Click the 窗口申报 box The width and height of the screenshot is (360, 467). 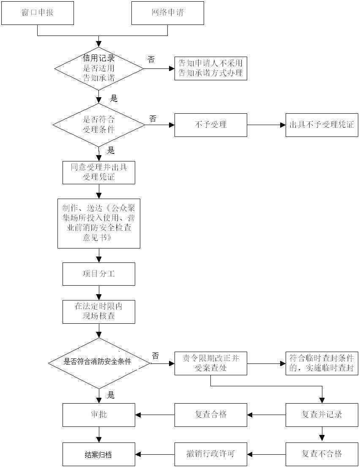38,13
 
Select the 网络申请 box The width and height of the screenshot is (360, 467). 168,13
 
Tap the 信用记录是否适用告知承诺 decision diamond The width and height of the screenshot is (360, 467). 99,68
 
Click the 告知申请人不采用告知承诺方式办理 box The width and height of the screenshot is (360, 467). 210,68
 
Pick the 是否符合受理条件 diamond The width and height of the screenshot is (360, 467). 99,125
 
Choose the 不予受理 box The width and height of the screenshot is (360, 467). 210,125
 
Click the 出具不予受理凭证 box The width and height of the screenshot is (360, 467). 322,125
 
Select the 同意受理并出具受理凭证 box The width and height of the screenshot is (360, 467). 99,172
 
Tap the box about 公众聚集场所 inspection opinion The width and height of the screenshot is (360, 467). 99,223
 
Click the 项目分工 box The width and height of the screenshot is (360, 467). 99,274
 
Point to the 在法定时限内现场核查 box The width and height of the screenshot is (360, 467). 99,311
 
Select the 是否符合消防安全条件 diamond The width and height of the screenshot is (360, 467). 99,363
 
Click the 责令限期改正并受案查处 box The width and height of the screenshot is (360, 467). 210,363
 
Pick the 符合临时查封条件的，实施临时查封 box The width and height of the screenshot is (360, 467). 322,363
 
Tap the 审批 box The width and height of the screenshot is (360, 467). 99,415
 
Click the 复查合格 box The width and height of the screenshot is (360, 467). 210,415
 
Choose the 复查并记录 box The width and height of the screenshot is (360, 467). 322,415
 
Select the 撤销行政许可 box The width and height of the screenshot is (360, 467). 210,454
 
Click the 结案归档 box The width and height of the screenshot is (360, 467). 99,454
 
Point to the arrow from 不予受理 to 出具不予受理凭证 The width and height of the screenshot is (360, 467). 266,125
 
